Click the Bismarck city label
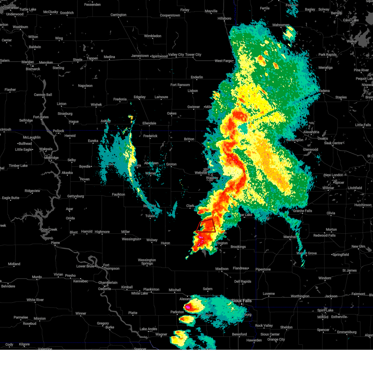click(x=33, y=69)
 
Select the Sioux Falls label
click(x=241, y=301)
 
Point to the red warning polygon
click(x=206, y=226)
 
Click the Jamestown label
click(x=140, y=56)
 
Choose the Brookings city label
click(x=238, y=247)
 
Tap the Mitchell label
click(x=175, y=290)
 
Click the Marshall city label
click(x=290, y=237)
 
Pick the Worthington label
click(x=300, y=296)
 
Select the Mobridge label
click(x=51, y=158)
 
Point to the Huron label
click(x=165, y=243)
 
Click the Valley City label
click(x=176, y=55)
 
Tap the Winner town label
click(x=81, y=313)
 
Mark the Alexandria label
click(x=311, y=132)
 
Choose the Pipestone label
click(x=263, y=269)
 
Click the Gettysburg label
click(x=76, y=196)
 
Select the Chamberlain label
click(x=108, y=283)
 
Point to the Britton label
click(x=189, y=139)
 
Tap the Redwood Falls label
click(x=325, y=235)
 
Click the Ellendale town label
click(x=149, y=123)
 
